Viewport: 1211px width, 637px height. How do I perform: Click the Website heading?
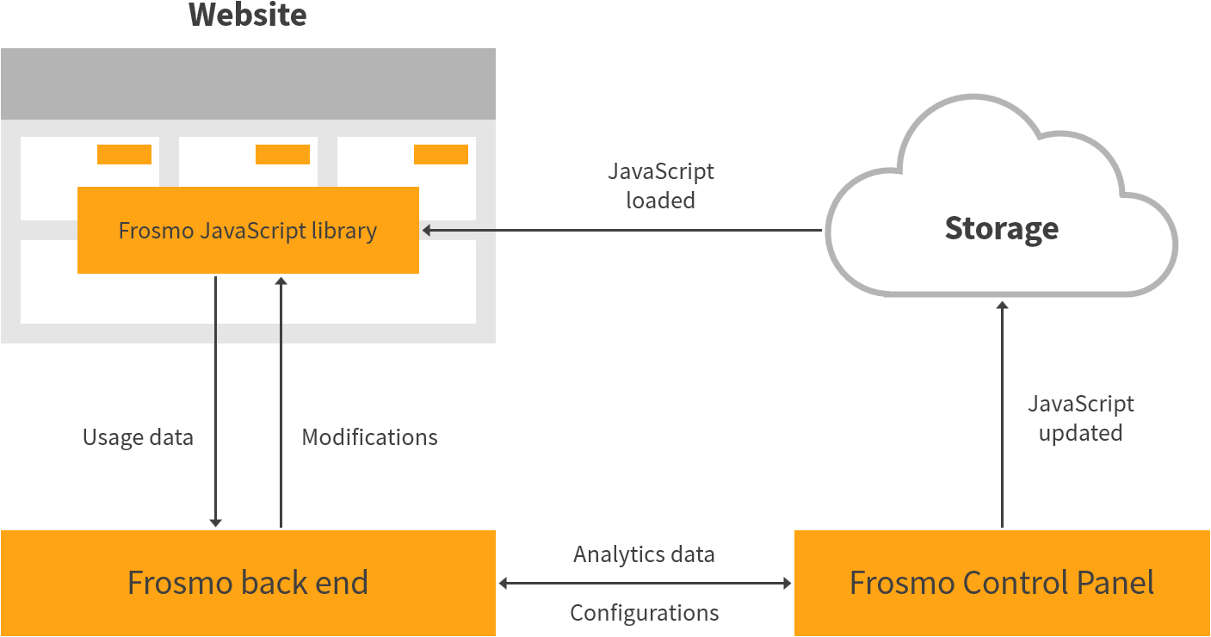[x=247, y=15]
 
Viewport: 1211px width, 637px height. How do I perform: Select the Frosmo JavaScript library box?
[x=248, y=231]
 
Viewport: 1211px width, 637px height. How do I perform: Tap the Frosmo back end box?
[x=248, y=583]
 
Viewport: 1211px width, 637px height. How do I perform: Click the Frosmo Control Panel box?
[x=1001, y=583]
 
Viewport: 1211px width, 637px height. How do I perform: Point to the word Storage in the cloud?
[x=1001, y=228]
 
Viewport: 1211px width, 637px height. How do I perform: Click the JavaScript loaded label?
[x=660, y=186]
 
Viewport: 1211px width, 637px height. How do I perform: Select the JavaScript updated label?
[x=1080, y=418]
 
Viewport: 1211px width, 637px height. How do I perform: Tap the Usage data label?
[x=138, y=437]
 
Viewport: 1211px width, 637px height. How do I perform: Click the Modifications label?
[x=369, y=437]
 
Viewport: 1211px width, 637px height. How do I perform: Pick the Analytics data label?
[x=644, y=554]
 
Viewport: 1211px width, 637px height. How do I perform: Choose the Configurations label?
[x=644, y=613]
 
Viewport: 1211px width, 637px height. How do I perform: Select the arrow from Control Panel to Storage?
[x=1002, y=413]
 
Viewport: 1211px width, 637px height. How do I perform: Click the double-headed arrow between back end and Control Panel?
[x=645, y=584]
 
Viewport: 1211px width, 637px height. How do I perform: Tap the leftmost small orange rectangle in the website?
[x=124, y=154]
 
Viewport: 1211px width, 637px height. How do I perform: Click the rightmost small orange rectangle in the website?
[x=441, y=154]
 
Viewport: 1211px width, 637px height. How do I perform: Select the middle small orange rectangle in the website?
[x=282, y=154]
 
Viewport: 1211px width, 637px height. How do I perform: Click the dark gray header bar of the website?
[x=248, y=83]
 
